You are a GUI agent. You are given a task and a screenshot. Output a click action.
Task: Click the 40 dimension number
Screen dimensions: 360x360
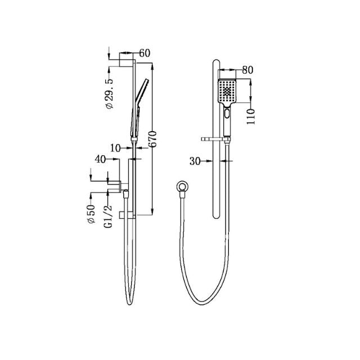click(x=101, y=160)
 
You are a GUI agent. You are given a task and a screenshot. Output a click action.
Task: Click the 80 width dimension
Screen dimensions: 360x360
click(x=247, y=70)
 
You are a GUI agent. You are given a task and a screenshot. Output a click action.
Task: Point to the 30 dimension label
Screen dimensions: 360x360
click(x=195, y=161)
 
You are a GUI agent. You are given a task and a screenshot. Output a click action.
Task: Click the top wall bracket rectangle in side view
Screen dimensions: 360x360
click(x=126, y=61)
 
